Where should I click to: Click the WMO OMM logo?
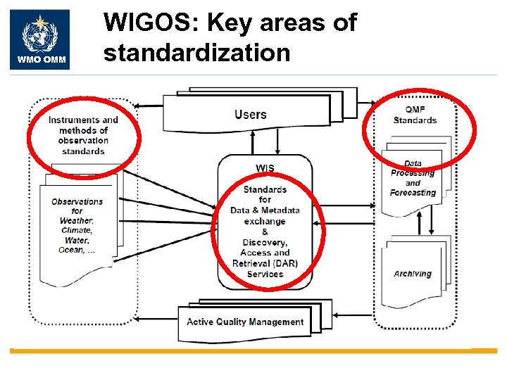(x=39, y=39)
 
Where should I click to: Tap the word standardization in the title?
(x=196, y=53)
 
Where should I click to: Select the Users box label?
(x=250, y=114)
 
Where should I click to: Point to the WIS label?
(x=265, y=168)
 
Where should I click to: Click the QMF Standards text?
(x=415, y=115)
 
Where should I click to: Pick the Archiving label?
(x=413, y=274)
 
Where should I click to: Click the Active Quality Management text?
(x=245, y=322)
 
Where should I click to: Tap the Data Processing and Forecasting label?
(x=413, y=178)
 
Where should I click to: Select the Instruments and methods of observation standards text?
(x=83, y=135)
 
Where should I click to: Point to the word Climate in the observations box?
(x=77, y=230)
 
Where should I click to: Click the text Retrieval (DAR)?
(x=265, y=264)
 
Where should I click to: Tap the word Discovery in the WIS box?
(x=265, y=243)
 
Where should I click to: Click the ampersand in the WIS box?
(x=265, y=232)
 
